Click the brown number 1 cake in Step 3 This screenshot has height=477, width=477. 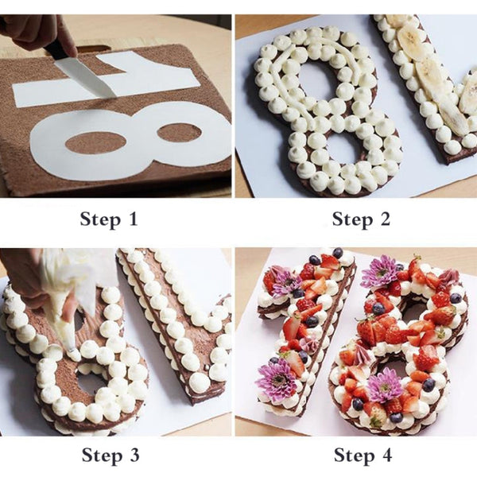point(171,318)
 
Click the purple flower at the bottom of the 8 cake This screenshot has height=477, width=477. point(386,386)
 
